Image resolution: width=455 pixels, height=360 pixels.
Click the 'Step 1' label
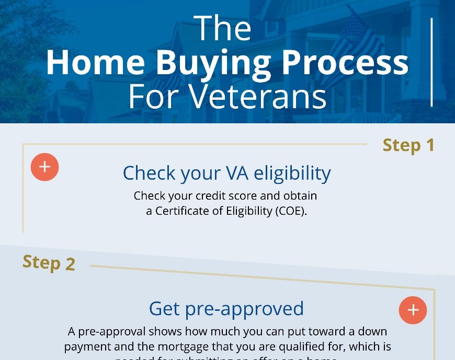408,145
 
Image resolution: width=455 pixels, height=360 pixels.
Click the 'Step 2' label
49,262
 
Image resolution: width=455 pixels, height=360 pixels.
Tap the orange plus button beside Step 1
44,167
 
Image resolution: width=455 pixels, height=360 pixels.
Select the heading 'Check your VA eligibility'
226,173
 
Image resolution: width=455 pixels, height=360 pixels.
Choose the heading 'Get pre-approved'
226,308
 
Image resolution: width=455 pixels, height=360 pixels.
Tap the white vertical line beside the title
431,62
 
